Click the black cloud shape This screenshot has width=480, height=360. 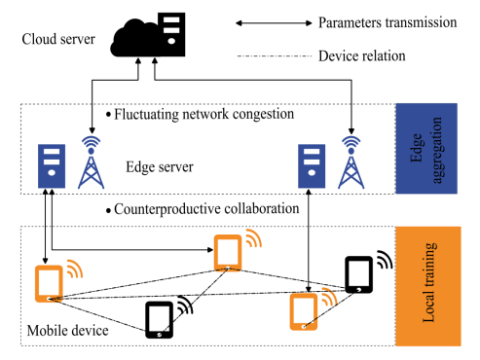(x=133, y=41)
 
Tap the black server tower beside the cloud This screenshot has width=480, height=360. (x=171, y=34)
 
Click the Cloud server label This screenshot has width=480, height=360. (x=58, y=39)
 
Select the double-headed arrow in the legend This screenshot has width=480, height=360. (x=274, y=23)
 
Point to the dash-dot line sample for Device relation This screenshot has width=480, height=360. (x=275, y=56)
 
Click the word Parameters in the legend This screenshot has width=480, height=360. (x=350, y=22)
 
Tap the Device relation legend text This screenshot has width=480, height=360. (x=362, y=56)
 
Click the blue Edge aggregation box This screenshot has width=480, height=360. (x=426, y=149)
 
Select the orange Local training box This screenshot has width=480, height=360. (x=428, y=286)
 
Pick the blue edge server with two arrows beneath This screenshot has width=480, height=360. (x=52, y=166)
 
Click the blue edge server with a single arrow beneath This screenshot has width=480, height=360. (x=312, y=166)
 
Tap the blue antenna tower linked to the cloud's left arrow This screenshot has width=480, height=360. (x=92, y=162)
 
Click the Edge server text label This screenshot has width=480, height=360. (x=160, y=167)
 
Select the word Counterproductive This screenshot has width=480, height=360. (x=166, y=209)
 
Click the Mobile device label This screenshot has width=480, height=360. (x=67, y=331)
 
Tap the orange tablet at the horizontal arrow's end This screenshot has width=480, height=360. (x=228, y=252)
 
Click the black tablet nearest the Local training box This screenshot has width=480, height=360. (x=358, y=274)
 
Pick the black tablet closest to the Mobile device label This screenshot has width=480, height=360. (x=159, y=320)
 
